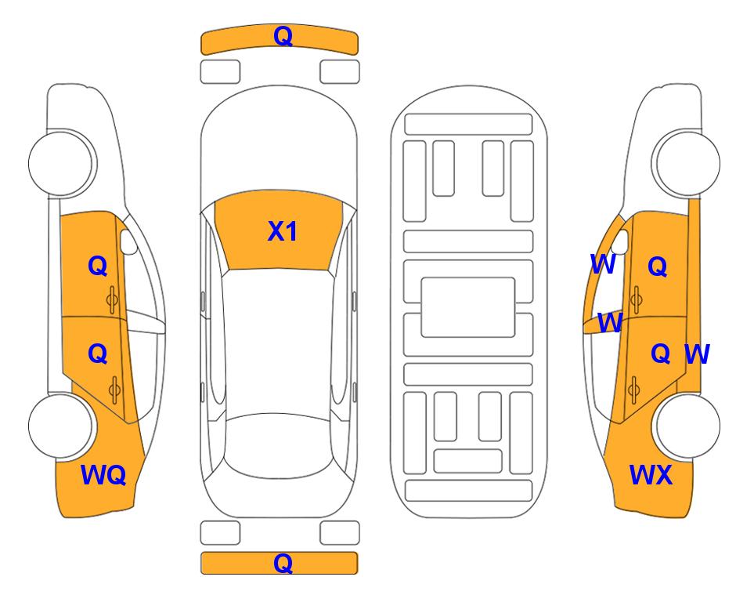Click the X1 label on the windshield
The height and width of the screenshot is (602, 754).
(282, 231)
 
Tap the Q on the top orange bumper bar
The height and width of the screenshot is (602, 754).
(282, 36)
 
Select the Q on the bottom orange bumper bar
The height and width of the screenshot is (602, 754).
(282, 563)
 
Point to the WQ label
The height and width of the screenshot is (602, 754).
(103, 474)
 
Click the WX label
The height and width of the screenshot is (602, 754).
(651, 474)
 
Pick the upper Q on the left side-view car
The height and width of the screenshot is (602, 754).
(97, 266)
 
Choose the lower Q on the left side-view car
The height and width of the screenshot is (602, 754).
(97, 354)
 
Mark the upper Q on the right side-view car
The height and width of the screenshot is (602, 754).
(657, 267)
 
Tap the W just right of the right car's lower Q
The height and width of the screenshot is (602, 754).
(696, 354)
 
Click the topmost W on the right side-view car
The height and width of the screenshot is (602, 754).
(602, 265)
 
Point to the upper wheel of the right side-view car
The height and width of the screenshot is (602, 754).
(687, 162)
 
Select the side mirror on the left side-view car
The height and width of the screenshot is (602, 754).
(128, 244)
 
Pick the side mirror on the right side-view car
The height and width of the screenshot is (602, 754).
(624, 244)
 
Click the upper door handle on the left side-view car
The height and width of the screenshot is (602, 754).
(113, 299)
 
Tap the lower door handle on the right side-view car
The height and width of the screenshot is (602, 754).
(634, 387)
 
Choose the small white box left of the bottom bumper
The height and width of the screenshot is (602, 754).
(220, 533)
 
